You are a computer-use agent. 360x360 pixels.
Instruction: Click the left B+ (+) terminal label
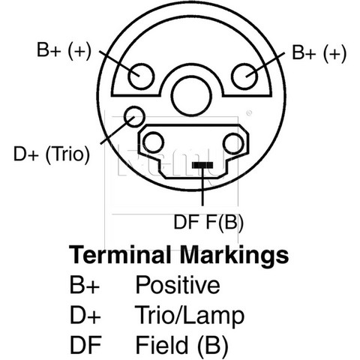click(x=64, y=51)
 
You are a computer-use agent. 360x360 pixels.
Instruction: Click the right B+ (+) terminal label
click(x=319, y=53)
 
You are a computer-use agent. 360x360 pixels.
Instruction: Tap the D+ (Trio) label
click(x=52, y=154)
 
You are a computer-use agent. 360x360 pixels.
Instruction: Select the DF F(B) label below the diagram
click(x=208, y=222)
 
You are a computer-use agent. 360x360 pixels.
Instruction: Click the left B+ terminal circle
click(x=141, y=76)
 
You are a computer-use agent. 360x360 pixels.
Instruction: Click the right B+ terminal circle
click(x=244, y=76)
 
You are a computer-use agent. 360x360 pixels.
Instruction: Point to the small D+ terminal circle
click(x=134, y=116)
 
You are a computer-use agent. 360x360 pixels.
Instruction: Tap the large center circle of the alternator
click(x=191, y=96)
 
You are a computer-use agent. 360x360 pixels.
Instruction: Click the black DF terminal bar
click(x=202, y=165)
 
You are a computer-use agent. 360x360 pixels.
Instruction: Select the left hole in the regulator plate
click(x=154, y=142)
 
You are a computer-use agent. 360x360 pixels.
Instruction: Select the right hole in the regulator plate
click(x=234, y=143)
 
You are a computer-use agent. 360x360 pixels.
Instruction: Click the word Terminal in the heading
click(x=120, y=255)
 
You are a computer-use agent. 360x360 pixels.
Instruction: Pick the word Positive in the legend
click(x=178, y=284)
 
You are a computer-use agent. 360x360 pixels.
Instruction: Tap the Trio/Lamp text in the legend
click(x=190, y=316)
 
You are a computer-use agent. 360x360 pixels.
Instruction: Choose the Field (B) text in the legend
click(x=182, y=346)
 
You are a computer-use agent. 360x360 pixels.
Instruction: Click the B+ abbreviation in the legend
click(x=85, y=285)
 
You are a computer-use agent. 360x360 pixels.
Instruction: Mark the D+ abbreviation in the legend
click(x=85, y=315)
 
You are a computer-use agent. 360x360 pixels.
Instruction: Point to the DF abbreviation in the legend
click(x=85, y=345)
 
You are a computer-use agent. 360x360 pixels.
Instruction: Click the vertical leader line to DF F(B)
click(x=202, y=187)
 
